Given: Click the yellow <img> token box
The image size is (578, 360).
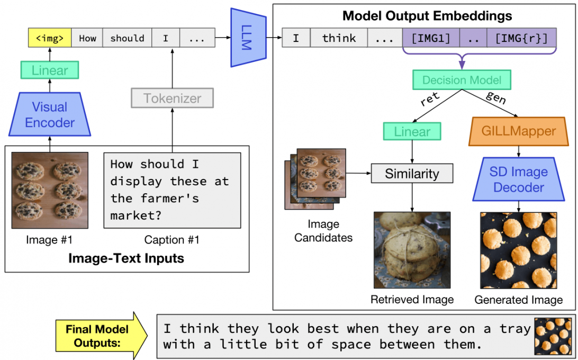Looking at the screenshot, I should (x=49, y=38).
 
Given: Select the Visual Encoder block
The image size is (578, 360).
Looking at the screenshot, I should (x=50, y=115).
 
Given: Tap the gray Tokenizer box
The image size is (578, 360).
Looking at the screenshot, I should (x=172, y=98).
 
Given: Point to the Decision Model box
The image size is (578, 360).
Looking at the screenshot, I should (x=462, y=80).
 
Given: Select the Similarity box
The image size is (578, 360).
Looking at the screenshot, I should (x=412, y=173).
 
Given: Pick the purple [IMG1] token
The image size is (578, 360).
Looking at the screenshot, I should (x=430, y=38).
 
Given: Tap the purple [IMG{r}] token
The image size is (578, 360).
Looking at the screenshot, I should (x=521, y=38).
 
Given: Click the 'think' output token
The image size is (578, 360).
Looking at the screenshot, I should (x=339, y=38).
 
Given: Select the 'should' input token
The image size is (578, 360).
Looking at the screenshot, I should (x=127, y=38).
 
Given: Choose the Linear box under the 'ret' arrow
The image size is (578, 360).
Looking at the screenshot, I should (x=412, y=131).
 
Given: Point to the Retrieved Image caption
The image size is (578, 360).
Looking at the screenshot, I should (x=412, y=300).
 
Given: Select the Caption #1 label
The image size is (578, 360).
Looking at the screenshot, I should (x=172, y=240).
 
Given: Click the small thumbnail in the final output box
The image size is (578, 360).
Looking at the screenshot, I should (x=553, y=336).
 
